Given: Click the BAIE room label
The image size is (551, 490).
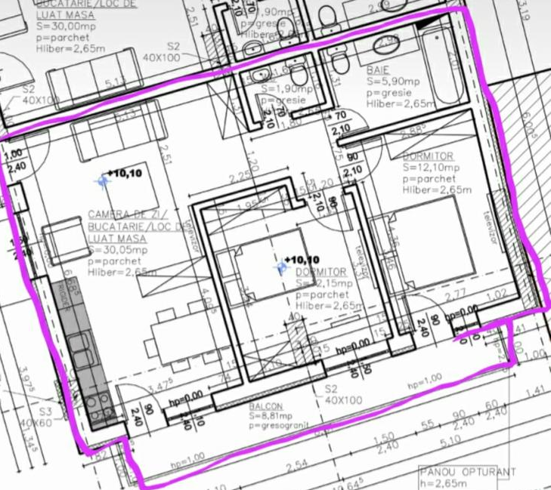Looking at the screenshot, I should (380, 67).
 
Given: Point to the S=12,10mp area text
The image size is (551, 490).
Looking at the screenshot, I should (431, 167).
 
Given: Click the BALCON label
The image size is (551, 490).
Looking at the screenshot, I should (265, 406).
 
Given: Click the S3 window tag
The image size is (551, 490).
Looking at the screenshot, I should (46, 412).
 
